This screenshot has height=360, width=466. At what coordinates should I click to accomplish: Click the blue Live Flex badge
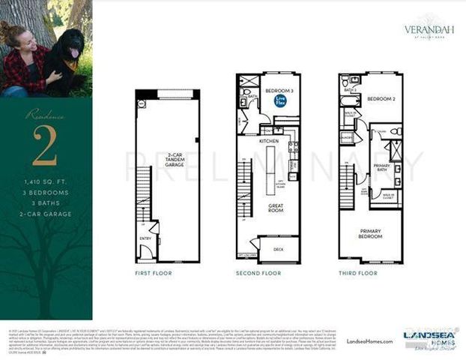coord(280,100)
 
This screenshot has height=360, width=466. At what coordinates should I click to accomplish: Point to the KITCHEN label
coord(269,140)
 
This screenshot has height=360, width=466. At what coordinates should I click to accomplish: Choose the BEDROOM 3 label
coord(279,91)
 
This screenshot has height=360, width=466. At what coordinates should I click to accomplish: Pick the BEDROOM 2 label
coord(381,98)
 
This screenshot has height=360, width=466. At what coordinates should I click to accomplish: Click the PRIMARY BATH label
coord(381,169)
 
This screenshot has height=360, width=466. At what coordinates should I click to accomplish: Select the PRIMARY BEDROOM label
coord(370,232)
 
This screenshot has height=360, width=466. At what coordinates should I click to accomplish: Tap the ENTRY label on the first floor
coord(145,239)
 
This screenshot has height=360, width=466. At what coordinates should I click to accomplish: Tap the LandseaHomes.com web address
coord(369,340)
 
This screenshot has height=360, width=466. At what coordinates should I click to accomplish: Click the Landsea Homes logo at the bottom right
coord(430,337)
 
